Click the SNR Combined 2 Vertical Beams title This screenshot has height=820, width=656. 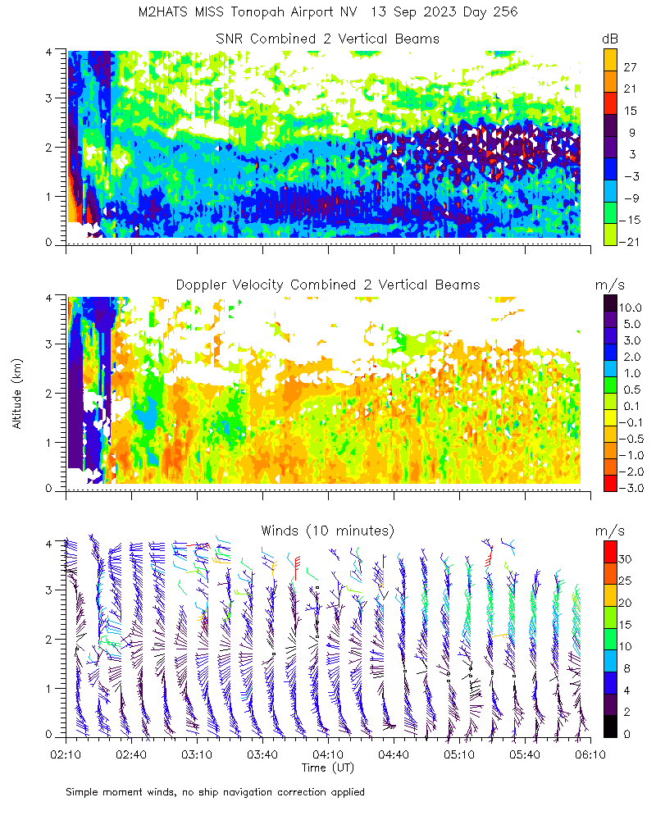coord(327,39)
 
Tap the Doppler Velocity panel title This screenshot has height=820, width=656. coord(327,285)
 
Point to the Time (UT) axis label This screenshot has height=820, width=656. coord(327,768)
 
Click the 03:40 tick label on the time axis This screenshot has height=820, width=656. coord(262,753)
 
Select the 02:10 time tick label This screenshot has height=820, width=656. coord(66,753)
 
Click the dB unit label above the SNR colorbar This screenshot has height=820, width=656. coord(609,39)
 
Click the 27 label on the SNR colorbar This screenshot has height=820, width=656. coord(631,66)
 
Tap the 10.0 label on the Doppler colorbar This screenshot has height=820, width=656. coord(633,307)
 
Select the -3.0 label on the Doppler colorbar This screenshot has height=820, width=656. coord(633,488)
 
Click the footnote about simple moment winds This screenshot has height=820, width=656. coord(215,792)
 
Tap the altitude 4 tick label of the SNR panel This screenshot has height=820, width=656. coord(49,52)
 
